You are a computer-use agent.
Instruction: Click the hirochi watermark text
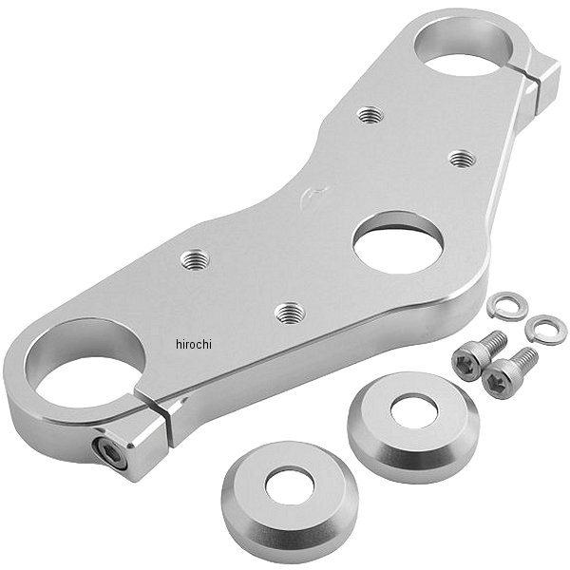194,344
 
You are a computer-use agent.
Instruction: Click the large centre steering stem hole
398,242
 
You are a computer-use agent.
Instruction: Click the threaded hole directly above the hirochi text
195,260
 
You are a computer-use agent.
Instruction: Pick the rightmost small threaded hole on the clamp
462,159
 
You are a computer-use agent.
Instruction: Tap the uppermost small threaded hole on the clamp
370,115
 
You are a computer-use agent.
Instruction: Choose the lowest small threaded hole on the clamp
290,313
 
